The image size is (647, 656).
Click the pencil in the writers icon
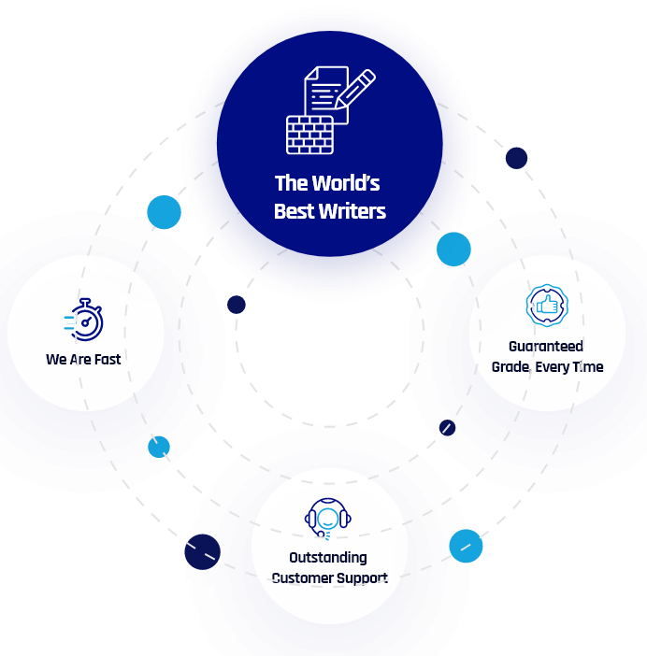[357, 92]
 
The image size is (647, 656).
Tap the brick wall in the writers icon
[309, 135]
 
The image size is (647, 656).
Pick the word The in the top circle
[290, 183]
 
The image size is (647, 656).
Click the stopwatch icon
[86, 321]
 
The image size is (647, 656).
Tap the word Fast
[107, 359]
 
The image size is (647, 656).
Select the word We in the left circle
[56, 359]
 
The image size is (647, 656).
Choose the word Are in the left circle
[79, 359]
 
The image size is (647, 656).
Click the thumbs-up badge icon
[546, 306]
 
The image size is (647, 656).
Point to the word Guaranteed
[546, 347]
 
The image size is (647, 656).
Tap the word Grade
[510, 367]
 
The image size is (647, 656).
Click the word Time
[588, 367]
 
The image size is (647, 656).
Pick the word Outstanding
[328, 558]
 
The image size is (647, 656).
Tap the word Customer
[303, 578]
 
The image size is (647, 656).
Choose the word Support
[364, 578]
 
